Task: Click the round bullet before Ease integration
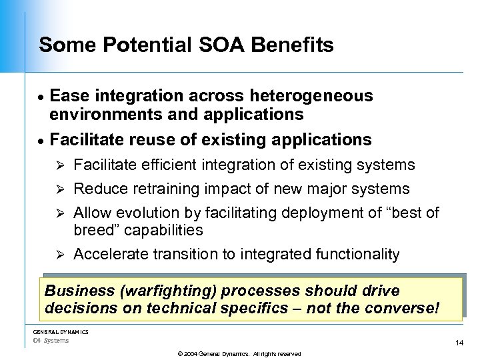click(41, 97)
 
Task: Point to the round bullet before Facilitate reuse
click(41, 141)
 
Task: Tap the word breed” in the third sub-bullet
click(92, 230)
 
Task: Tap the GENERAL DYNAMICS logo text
click(61, 332)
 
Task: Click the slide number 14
click(459, 343)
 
